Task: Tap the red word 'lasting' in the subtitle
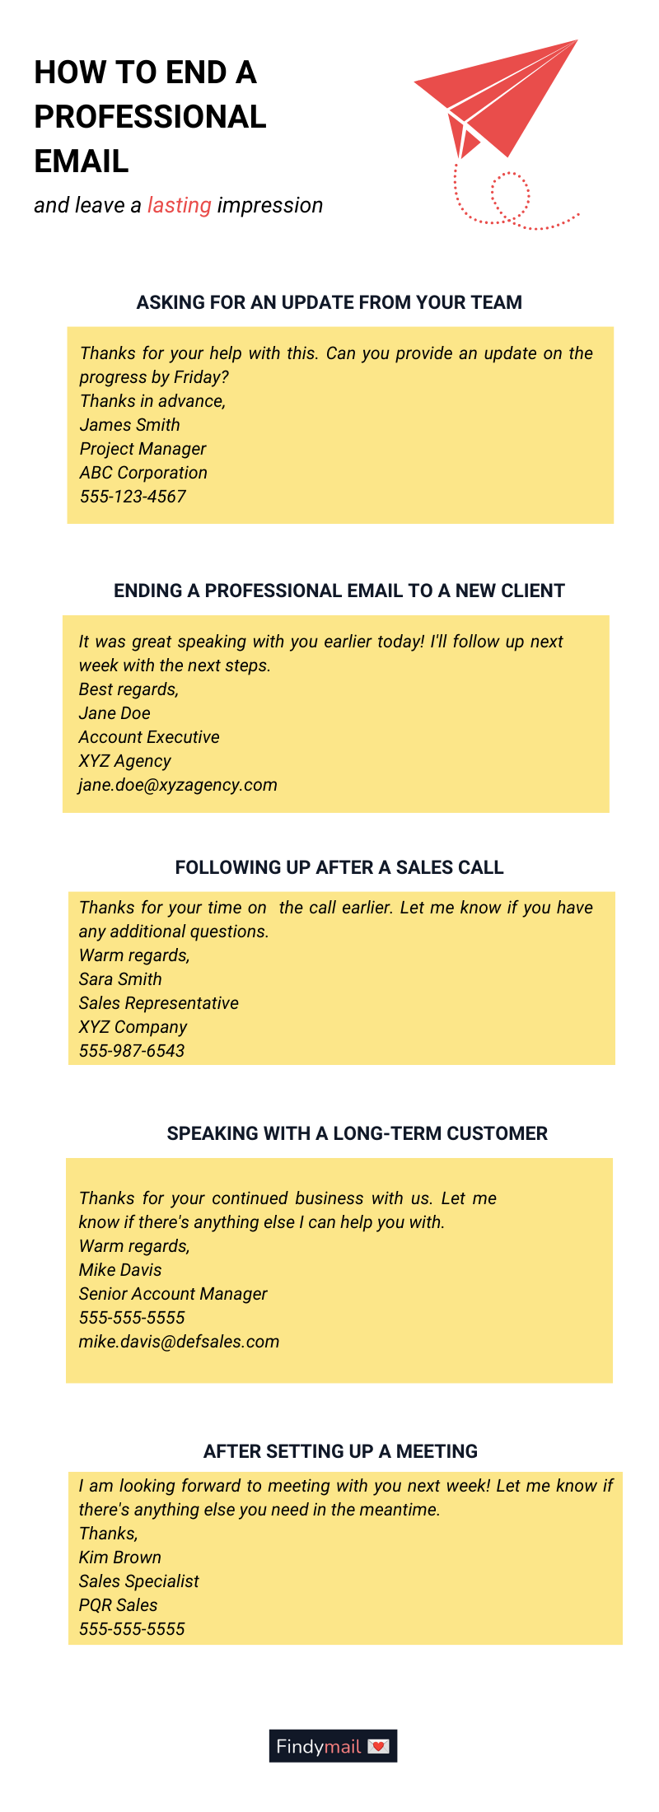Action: tap(180, 205)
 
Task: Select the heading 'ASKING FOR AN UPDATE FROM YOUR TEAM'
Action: tap(329, 302)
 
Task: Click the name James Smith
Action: tap(130, 425)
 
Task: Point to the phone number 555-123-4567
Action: tap(133, 497)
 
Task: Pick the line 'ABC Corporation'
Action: tap(143, 473)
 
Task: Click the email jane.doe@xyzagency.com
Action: tap(178, 785)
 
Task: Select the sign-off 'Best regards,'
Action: tap(129, 689)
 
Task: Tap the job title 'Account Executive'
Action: tap(149, 737)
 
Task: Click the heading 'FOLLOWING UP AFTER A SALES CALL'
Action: tap(339, 867)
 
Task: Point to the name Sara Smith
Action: tap(120, 979)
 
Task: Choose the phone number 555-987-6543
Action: tap(132, 1051)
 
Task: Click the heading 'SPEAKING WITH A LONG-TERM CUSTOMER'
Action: tap(358, 1133)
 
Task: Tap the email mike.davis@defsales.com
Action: tap(179, 1342)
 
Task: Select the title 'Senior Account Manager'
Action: tap(173, 1294)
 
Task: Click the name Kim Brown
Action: tap(120, 1557)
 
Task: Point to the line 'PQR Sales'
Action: tap(118, 1605)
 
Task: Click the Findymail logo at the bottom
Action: tap(333, 1746)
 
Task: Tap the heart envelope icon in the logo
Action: tap(378, 1746)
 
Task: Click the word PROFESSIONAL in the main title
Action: tap(150, 117)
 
